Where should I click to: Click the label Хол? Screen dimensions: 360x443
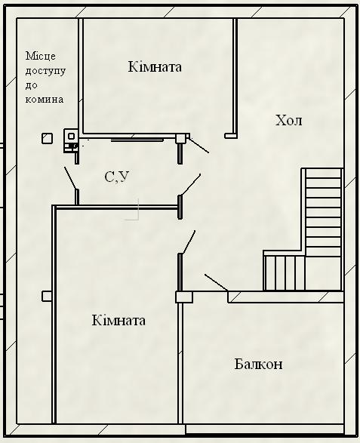coord(288,120)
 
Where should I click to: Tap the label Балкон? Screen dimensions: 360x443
coord(258,364)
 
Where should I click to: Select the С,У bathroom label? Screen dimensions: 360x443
coord(117,177)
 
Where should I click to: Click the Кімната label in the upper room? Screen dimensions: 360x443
coord(155,66)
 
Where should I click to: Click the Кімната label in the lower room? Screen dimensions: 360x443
coord(118,321)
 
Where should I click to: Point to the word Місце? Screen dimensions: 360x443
coord(41,56)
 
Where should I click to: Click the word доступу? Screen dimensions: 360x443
coord(45,71)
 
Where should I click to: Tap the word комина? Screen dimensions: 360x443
coord(45,100)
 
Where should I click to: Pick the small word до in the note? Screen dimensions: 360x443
coord(32,85)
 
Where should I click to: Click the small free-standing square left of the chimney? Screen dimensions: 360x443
coord(48,138)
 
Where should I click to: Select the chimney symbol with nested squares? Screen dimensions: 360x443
coord(71,140)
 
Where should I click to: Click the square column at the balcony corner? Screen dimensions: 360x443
coord(184,297)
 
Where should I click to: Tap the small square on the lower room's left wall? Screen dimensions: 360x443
coord(47,296)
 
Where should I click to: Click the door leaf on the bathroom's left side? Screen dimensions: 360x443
coord(70,178)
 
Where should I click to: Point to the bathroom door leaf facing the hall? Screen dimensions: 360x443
coord(191,184)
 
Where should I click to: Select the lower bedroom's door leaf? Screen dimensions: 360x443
coord(189,242)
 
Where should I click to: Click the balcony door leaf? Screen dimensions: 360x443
coord(216,282)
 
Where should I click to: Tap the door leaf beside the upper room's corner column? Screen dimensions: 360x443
coord(198,145)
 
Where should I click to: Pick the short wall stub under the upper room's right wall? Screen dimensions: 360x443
coord(231,136)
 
